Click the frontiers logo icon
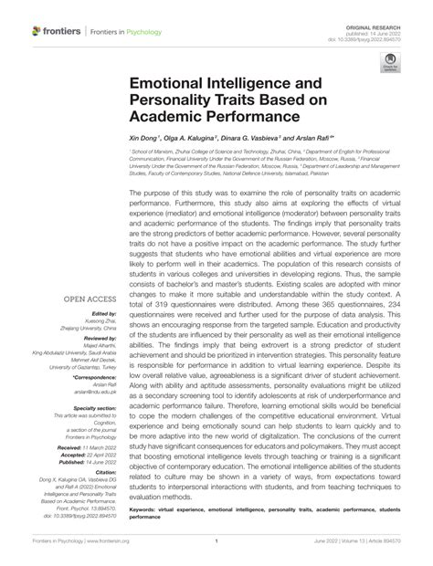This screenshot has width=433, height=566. pos(37,31)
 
